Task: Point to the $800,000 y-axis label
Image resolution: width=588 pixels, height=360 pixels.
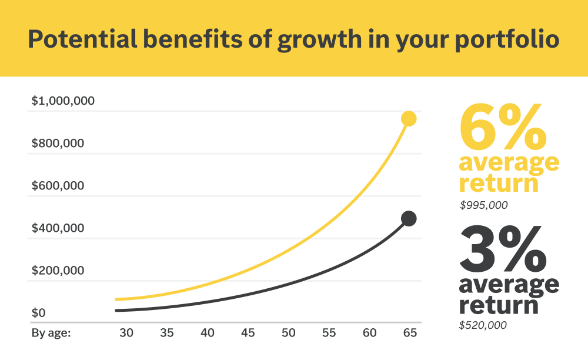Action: (x=58, y=144)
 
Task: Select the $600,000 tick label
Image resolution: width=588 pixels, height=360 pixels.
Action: (x=58, y=186)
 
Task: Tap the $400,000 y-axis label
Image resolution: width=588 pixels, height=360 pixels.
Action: (x=58, y=228)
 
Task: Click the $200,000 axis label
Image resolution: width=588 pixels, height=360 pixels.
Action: (x=58, y=271)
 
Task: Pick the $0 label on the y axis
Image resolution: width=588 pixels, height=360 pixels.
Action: (x=39, y=313)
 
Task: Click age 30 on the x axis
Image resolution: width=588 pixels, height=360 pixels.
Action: (x=126, y=333)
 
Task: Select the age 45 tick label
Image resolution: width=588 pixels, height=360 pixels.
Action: (x=248, y=333)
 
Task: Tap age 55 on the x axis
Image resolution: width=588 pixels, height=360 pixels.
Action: (x=329, y=333)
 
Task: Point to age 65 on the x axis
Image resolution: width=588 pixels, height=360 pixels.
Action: (x=410, y=333)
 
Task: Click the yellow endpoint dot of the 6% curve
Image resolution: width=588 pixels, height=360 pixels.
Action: (x=409, y=119)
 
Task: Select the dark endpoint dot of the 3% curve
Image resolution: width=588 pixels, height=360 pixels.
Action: (x=409, y=219)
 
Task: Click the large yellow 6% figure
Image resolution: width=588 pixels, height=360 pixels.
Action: (x=503, y=128)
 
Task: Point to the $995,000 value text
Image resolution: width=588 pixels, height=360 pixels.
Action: (x=483, y=206)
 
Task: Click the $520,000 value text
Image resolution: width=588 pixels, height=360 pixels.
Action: (x=483, y=325)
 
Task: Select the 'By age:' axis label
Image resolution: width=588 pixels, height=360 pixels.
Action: (x=51, y=333)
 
